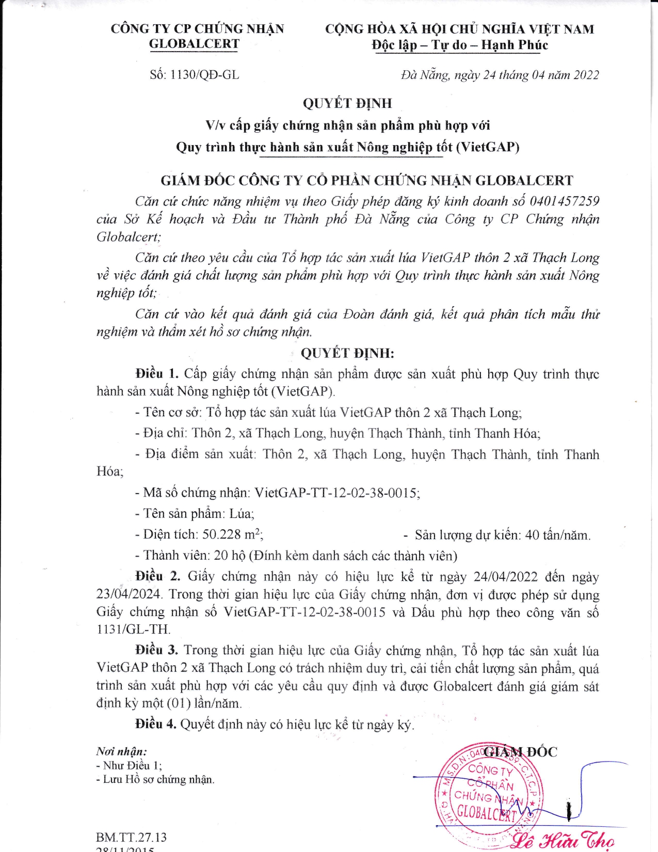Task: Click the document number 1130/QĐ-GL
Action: pos(204,75)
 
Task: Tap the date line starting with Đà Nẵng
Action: pos(500,75)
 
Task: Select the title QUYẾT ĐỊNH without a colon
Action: pos(347,103)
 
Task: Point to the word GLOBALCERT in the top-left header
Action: pos(194,44)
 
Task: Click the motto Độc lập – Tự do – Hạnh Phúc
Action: pos(459,45)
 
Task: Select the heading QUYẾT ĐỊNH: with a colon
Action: pos(347,353)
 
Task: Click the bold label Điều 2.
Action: pos(157,576)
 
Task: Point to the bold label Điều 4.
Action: pos(156,724)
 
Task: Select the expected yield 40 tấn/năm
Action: pos(557,535)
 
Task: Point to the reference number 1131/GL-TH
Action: pos(133,629)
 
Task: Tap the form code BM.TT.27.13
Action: pos(131,837)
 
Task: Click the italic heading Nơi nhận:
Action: pos(121,752)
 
